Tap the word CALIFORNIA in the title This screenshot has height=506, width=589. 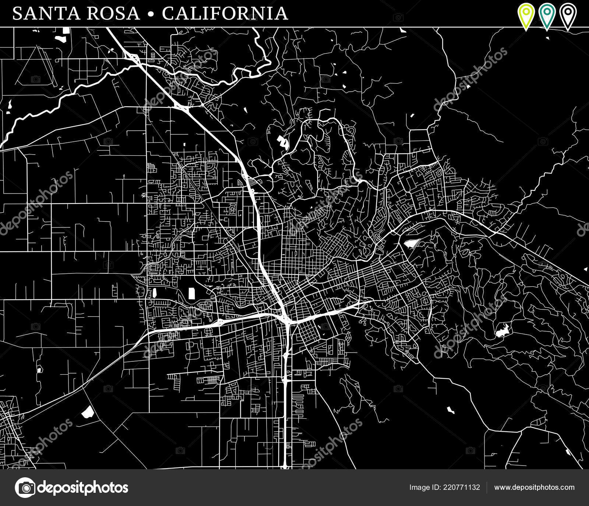point(225,14)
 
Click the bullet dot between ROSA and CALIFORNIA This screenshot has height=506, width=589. point(150,14)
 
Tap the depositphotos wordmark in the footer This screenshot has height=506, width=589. point(83,488)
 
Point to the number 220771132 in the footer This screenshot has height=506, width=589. point(460,488)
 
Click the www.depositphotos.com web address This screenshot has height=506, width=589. point(534,488)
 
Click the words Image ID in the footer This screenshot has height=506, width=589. point(424,488)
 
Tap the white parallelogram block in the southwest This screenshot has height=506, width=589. point(88,412)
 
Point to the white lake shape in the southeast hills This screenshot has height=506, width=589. point(502,331)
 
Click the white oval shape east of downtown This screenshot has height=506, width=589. point(412,243)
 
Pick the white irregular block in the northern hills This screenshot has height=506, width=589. point(282,142)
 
